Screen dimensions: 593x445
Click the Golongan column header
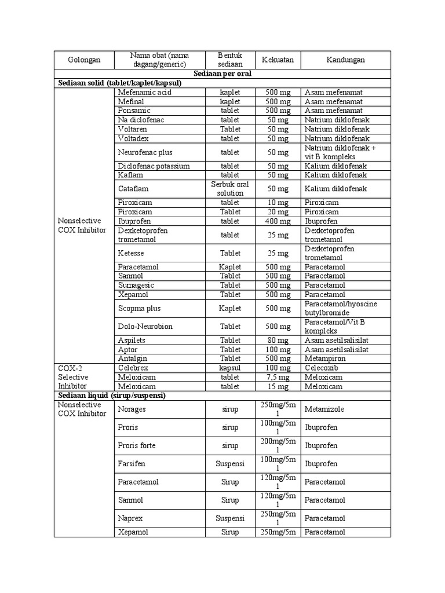point(84,60)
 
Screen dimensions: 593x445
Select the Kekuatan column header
point(278,60)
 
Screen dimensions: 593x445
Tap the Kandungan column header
point(345,60)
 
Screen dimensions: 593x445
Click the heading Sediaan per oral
point(222,74)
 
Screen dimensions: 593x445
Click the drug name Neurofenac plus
point(145,152)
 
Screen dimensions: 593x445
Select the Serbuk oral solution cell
point(230,188)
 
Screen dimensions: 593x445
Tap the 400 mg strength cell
point(278,221)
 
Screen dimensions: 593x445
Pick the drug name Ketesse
point(131,253)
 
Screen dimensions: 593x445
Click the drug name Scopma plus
point(139,308)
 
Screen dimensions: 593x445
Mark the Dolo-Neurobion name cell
point(145,326)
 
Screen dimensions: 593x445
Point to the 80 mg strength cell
point(278,341)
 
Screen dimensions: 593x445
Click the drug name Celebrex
point(133,368)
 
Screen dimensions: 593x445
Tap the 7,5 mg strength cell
point(278,377)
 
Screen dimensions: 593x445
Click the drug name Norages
point(132,409)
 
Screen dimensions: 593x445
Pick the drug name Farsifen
point(132,464)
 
